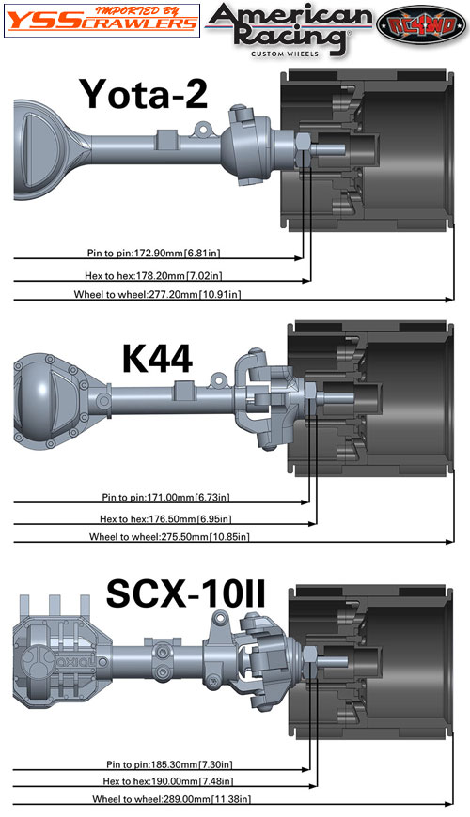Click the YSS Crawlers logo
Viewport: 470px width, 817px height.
102,21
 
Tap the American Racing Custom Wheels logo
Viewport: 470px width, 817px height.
290,29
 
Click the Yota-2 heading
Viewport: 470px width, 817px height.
144,94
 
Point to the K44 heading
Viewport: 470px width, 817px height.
157,359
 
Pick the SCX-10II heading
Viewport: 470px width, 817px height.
186,593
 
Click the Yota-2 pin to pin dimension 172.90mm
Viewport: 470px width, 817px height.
154,254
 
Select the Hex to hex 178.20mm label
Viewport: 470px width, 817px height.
157,275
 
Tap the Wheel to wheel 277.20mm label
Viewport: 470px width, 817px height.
158,294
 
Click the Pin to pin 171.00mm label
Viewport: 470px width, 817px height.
165,497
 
